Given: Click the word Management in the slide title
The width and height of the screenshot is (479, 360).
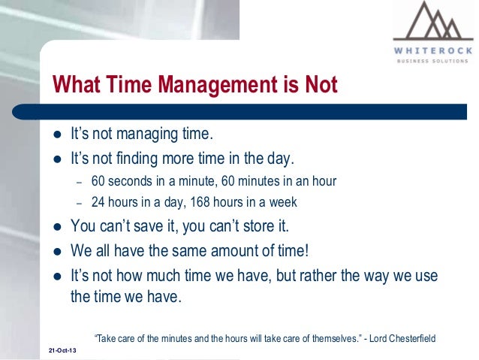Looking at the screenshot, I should pos(213,84).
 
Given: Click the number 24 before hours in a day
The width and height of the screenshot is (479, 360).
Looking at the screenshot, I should pos(98,201).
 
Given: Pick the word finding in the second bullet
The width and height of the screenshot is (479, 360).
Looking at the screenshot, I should pos(141,159).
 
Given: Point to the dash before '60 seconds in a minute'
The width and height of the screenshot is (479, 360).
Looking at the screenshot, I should pos(80,181).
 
